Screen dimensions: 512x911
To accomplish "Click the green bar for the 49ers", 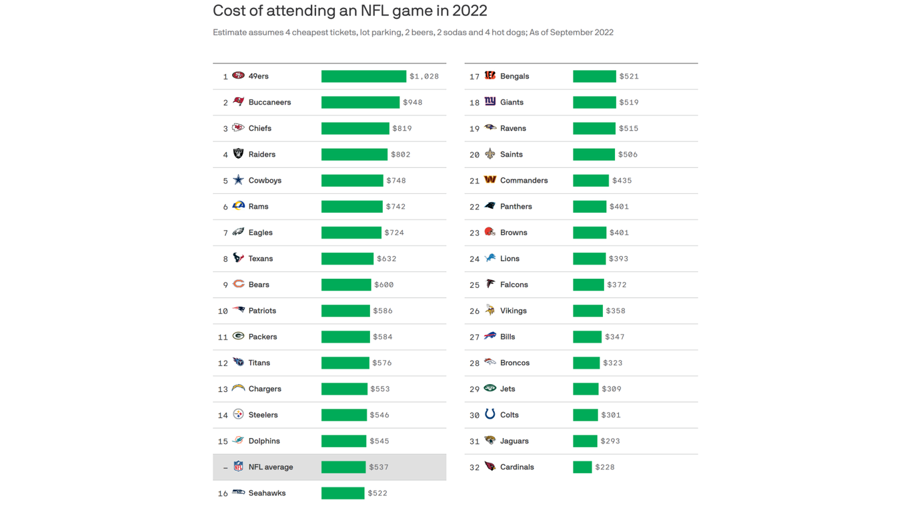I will [363, 77].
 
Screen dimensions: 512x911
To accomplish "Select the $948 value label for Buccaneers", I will [412, 103].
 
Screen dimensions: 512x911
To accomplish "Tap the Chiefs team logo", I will [238, 128].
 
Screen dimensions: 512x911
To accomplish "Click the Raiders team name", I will [261, 155].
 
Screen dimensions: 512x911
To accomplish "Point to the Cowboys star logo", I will [238, 180].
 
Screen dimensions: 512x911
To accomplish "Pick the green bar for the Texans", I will [347, 259].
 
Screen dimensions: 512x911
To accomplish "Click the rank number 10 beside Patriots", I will [223, 311].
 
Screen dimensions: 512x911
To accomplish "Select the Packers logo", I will [238, 337].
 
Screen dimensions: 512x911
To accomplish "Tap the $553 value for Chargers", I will [380, 389].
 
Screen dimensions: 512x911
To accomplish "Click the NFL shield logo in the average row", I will [238, 467].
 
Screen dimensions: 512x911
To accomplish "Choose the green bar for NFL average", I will [343, 467].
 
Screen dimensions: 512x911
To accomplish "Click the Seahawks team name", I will [267, 493].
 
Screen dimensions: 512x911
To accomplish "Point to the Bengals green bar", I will [594, 77].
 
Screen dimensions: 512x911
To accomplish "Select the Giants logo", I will [490, 102].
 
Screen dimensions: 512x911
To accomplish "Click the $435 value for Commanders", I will [622, 181].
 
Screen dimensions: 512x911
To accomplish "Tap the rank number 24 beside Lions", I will [474, 259].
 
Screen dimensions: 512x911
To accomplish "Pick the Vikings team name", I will [513, 311].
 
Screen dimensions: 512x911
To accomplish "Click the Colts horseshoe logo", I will [490, 415].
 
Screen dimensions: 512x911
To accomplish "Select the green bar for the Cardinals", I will [582, 467].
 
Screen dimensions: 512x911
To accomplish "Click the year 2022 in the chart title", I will [470, 11].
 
